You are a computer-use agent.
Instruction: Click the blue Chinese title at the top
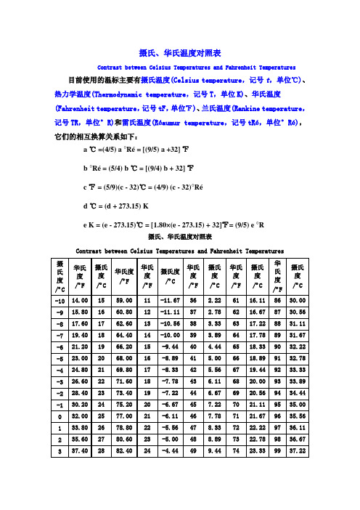point(180,52)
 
